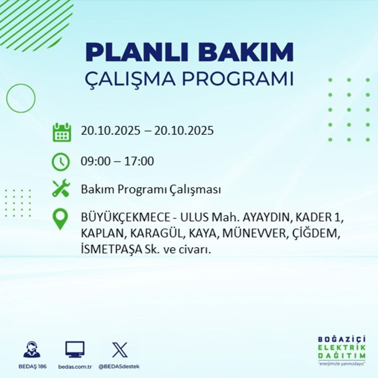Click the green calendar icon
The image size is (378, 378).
[61, 132]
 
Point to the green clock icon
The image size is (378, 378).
[61, 162]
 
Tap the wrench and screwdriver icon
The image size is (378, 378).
[61, 189]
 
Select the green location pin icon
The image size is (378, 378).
[61, 220]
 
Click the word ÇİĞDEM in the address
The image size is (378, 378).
[316, 233]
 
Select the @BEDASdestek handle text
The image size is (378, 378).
[119, 366]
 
